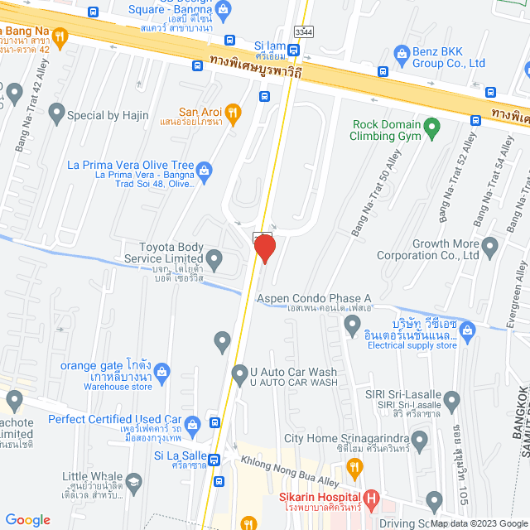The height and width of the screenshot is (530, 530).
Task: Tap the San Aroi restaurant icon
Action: (234, 112)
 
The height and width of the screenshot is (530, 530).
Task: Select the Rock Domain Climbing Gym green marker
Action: (431, 128)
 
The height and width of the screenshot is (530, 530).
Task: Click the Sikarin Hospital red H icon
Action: (372, 500)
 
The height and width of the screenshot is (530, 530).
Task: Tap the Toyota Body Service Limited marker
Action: (214, 262)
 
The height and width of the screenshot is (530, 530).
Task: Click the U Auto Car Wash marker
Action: (240, 373)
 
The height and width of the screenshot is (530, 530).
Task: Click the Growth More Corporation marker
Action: (490, 246)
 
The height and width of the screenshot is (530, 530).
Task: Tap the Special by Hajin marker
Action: (57, 111)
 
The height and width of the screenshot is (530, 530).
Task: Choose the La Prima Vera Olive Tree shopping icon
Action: (205, 170)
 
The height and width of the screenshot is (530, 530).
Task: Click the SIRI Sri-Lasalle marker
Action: (451, 403)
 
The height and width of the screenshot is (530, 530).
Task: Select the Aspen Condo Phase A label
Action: (313, 299)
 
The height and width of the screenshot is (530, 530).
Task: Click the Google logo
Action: (27, 520)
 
